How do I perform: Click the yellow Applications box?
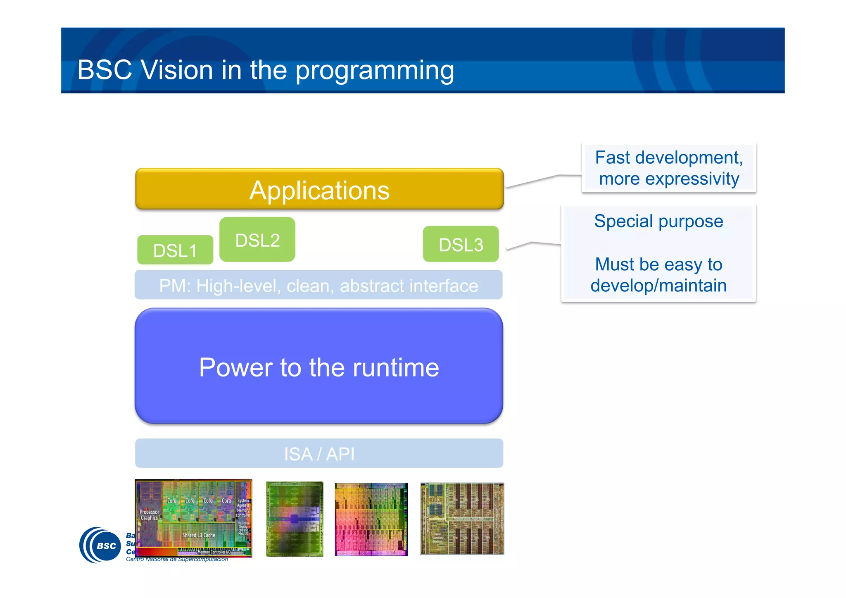(x=319, y=190)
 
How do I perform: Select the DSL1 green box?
(x=175, y=250)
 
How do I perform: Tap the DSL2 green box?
(x=257, y=240)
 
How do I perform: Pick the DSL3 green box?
(x=461, y=244)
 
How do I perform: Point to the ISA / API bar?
(x=319, y=453)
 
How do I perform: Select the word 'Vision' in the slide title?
(x=177, y=70)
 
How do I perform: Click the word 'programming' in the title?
(x=374, y=71)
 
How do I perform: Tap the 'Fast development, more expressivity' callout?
(x=669, y=168)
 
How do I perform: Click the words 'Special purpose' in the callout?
(x=658, y=221)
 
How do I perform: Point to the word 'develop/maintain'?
(x=658, y=286)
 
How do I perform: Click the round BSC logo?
(x=100, y=545)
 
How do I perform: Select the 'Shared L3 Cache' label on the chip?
(x=199, y=535)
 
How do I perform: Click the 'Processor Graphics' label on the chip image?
(x=149, y=515)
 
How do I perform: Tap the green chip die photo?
(x=295, y=519)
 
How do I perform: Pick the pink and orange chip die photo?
(x=371, y=519)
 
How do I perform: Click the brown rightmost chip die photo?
(x=462, y=518)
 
